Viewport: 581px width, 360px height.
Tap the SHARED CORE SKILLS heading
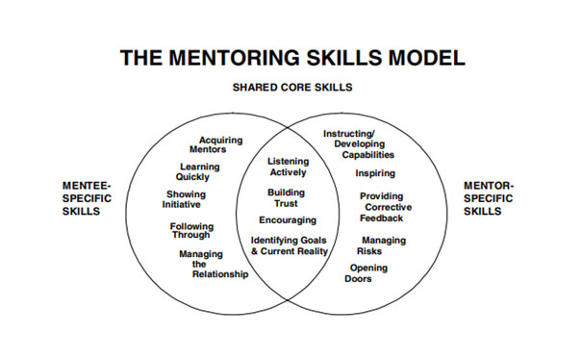pos(291,88)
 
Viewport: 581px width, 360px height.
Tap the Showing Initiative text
pos(186,199)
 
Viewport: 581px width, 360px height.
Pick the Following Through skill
pos(192,230)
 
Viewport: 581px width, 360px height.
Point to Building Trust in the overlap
pos(286,197)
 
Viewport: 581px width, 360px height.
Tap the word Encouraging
pos(287,219)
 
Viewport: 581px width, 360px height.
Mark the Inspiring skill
pos(374,173)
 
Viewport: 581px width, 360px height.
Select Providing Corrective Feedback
pos(381,207)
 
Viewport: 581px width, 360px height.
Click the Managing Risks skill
pos(383,244)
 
